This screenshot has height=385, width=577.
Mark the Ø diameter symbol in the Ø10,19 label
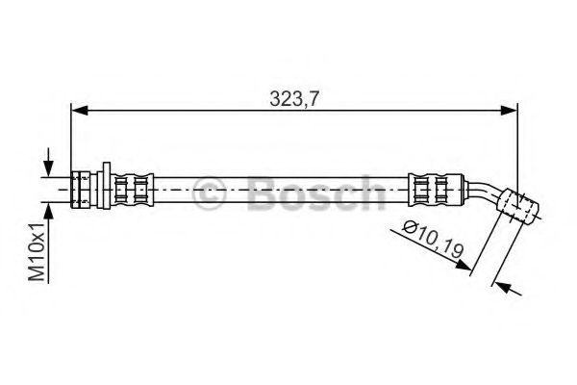[x=410, y=228]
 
